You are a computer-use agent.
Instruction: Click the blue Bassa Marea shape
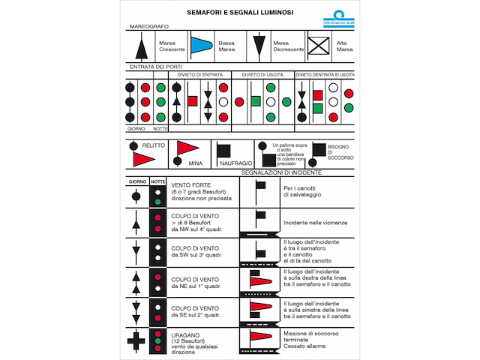200,46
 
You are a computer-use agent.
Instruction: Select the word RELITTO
154,146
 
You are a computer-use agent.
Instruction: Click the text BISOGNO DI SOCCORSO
339,152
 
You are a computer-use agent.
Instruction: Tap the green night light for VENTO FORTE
157,201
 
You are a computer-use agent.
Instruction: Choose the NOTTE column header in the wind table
157,181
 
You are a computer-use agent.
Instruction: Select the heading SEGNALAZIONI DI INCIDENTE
281,172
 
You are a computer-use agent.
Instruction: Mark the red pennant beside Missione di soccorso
260,337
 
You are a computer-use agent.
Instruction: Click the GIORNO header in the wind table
136,181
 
